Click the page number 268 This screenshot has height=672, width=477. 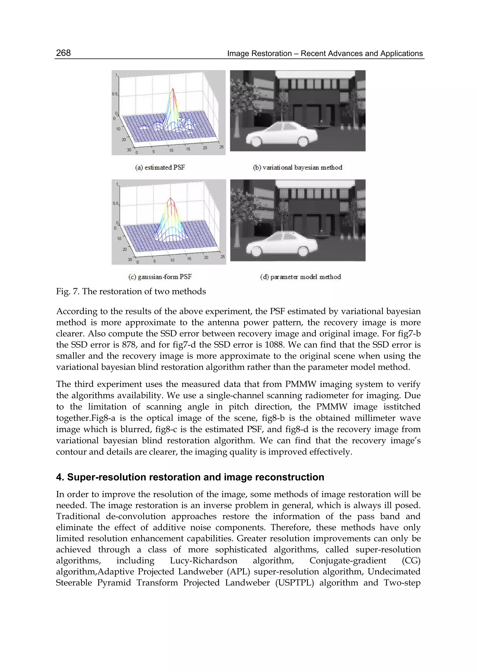pyautogui.click(x=63, y=53)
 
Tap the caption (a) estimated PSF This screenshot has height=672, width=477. pyautogui.click(x=160, y=167)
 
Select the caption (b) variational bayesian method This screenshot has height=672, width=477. pyautogui.click(x=297, y=167)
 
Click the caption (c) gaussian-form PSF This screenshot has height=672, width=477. pyautogui.click(x=160, y=277)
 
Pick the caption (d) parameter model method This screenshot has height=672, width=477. pyautogui.click(x=300, y=277)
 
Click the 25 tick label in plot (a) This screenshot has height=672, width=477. pyautogui.click(x=221, y=147)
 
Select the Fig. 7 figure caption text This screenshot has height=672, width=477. pyautogui.click(x=131, y=291)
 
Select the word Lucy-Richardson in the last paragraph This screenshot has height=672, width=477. pyautogui.click(x=203, y=561)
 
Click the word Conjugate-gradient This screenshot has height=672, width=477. pyautogui.click(x=348, y=561)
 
